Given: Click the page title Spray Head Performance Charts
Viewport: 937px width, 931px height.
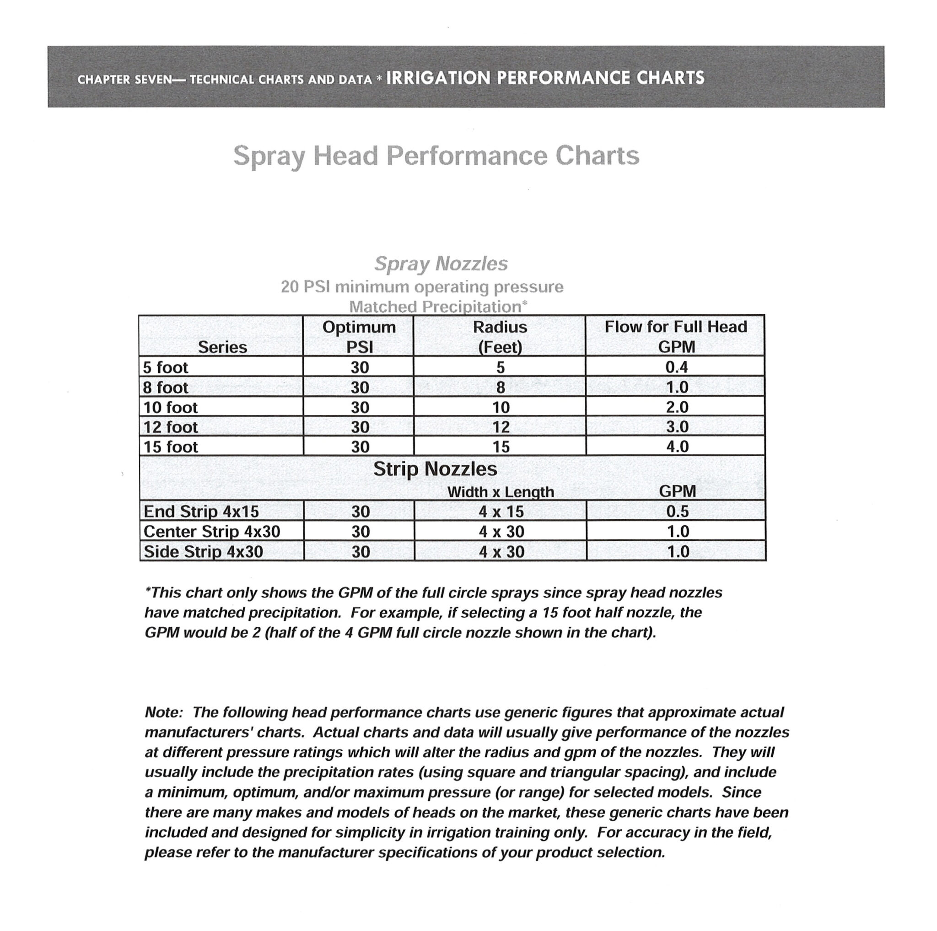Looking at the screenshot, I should pyautogui.click(x=436, y=156).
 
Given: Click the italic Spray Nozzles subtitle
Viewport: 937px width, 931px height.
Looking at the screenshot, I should pyautogui.click(x=441, y=264).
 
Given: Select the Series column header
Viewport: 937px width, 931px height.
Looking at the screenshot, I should pyautogui.click(x=222, y=347).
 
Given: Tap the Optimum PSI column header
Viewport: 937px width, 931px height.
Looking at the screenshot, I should pyautogui.click(x=359, y=337).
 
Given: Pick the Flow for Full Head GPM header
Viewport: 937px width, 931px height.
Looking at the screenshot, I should pyautogui.click(x=676, y=337).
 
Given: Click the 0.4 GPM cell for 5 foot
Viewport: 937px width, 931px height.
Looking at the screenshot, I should pyautogui.click(x=676, y=367).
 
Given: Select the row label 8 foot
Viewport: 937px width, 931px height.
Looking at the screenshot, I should pyautogui.click(x=165, y=387).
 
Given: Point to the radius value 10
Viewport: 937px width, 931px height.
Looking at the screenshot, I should pyautogui.click(x=501, y=407).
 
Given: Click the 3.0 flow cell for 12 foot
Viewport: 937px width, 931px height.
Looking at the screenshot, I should pyautogui.click(x=677, y=427).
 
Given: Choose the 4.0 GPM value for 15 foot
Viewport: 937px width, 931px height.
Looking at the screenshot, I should pyautogui.click(x=677, y=447).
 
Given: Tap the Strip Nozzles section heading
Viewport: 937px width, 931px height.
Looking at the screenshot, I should pyautogui.click(x=435, y=469).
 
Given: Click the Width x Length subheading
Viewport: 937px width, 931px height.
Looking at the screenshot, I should pyautogui.click(x=501, y=492).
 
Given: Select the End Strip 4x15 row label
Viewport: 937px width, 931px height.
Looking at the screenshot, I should pyautogui.click(x=201, y=511).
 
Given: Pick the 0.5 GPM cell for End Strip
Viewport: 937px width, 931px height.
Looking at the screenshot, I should pyautogui.click(x=678, y=511).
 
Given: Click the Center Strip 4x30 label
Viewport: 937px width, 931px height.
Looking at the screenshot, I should pyautogui.click(x=212, y=532).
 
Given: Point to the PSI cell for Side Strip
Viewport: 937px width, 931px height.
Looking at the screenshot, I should pyautogui.click(x=361, y=552).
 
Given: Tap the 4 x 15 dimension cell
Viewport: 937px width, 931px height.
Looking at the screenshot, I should pyautogui.click(x=501, y=511).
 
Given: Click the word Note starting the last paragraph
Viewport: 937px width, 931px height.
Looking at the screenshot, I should pyautogui.click(x=163, y=712).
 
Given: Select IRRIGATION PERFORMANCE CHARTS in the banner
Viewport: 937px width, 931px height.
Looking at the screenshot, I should pyautogui.click(x=544, y=78).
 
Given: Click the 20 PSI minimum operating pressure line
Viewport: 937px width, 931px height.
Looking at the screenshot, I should pyautogui.click(x=422, y=286).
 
